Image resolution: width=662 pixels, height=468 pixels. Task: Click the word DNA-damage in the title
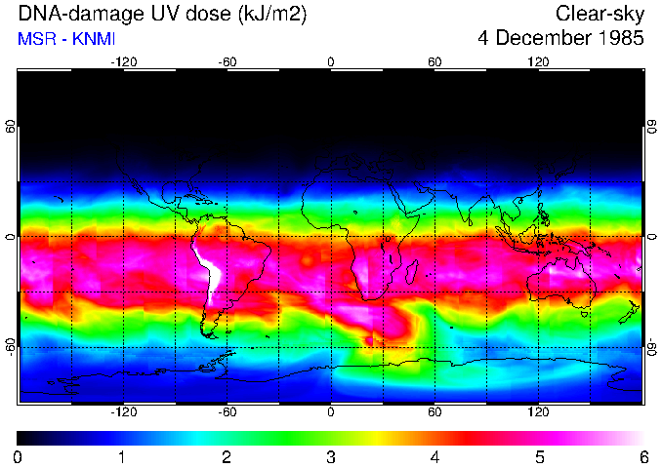73,14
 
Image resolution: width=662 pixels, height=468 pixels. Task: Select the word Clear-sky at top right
600,14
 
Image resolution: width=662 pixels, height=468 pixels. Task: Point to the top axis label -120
123,61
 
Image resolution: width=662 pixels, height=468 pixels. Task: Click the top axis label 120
538,61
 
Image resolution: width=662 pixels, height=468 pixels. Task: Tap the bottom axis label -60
228,412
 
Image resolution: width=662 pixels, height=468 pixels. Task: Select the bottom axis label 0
331,412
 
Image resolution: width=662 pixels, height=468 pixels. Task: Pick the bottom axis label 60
434,412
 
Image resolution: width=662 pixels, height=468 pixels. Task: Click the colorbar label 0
19,456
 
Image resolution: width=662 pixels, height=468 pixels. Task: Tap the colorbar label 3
330,456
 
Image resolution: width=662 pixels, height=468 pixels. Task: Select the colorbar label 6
642,456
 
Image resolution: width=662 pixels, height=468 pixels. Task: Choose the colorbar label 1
122,456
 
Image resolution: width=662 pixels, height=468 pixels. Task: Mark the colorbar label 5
538,456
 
